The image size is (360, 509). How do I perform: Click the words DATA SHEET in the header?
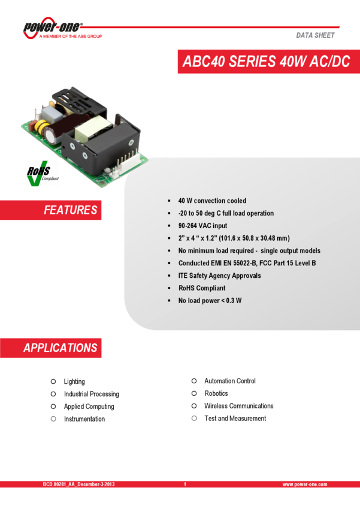point(315,35)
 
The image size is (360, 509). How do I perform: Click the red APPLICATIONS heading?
point(60,348)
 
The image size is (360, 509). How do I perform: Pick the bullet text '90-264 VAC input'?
point(202,226)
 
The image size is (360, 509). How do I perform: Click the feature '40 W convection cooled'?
point(212,201)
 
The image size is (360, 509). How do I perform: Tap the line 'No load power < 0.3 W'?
point(210,301)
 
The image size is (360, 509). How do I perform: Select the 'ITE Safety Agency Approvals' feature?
point(219,275)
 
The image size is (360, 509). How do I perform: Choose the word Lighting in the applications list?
point(74,381)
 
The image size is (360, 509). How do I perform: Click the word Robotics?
point(216,393)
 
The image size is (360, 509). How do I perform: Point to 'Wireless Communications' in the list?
point(238,406)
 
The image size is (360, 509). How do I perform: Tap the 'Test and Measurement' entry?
point(235,419)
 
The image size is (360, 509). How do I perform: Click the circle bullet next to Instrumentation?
point(53,419)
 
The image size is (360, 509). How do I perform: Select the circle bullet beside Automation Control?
point(194,381)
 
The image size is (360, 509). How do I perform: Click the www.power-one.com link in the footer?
point(305,484)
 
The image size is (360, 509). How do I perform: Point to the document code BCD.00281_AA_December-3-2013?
point(78,484)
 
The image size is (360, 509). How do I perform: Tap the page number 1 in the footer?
point(184,484)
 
